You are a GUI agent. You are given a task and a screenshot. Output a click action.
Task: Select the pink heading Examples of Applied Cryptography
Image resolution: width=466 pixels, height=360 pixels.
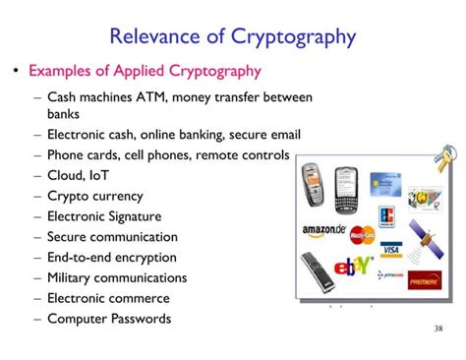145,71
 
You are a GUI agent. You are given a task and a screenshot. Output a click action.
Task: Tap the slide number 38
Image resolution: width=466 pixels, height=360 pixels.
438,328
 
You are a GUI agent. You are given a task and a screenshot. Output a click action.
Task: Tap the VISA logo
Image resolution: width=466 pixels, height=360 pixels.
390,249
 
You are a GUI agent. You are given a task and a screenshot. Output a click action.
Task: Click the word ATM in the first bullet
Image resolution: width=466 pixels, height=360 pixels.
157,96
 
